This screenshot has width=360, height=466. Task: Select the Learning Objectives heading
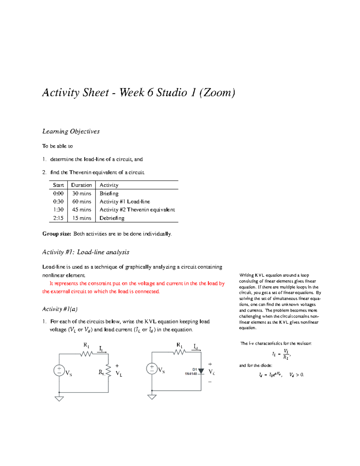(71, 131)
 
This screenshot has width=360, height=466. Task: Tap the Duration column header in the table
(81, 185)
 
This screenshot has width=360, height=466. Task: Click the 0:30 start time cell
(58, 202)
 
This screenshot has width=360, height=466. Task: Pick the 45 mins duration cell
(81, 210)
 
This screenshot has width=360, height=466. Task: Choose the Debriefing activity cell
(112, 218)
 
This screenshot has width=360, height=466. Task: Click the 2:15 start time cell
(58, 218)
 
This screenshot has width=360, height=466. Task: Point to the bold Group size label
(57, 234)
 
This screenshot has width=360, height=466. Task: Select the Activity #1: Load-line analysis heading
(85, 252)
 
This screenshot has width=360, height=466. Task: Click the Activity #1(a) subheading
(60, 309)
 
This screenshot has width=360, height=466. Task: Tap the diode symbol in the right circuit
(201, 371)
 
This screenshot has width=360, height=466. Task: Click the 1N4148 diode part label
(191, 374)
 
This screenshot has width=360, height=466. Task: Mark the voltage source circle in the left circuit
(59, 370)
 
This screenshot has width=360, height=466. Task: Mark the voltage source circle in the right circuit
(152, 368)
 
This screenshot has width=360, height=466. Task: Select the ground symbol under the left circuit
(59, 399)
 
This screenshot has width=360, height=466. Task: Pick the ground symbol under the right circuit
(152, 397)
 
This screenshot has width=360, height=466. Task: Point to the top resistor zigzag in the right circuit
(179, 352)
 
